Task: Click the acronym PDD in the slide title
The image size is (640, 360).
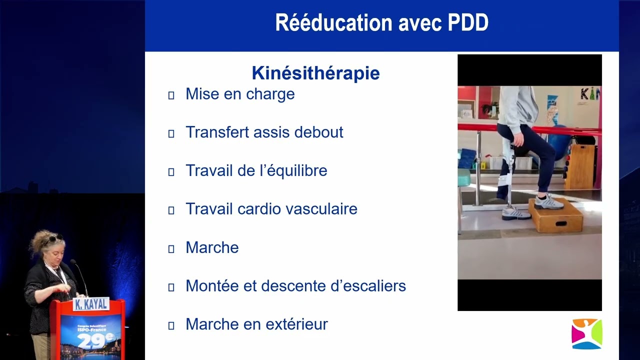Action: [468, 22]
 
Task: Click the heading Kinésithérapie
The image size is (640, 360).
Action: [315, 73]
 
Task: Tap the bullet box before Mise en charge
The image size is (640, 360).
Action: [171, 95]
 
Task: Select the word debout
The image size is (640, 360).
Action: [319, 132]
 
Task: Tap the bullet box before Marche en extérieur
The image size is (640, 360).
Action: [171, 325]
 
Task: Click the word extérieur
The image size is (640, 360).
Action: [296, 324]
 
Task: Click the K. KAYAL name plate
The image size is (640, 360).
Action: [91, 304]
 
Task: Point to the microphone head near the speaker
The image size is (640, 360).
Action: [73, 261]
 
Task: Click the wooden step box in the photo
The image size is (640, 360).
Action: [555, 215]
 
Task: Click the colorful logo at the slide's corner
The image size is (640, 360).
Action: [587, 333]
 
